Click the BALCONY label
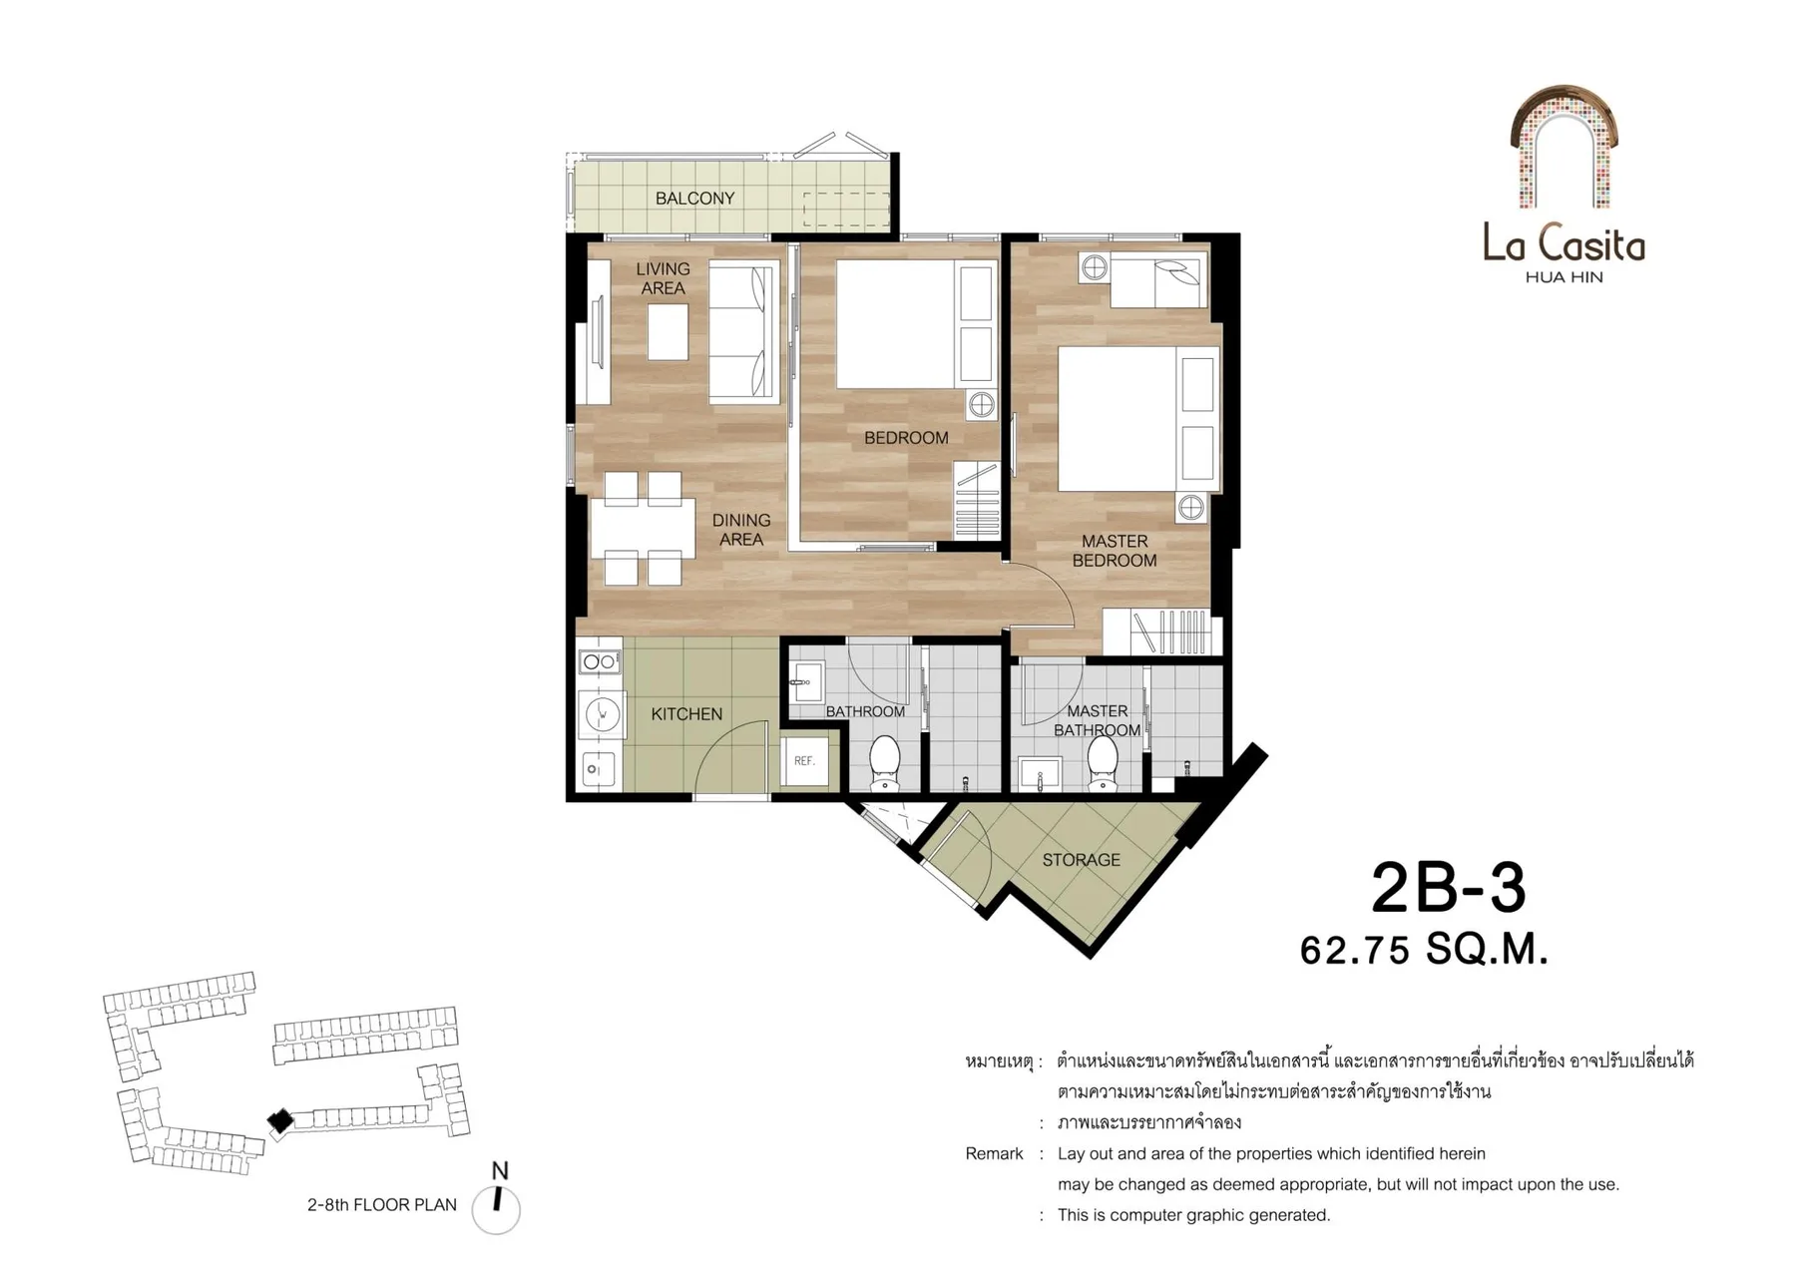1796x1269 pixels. (694, 199)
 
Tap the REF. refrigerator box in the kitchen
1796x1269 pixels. (804, 760)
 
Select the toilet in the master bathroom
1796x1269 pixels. (1102, 763)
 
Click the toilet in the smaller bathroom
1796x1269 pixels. (885, 764)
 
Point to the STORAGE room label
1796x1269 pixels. (1081, 860)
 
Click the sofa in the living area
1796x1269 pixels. (743, 332)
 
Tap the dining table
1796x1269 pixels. (643, 528)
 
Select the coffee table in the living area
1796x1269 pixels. (668, 331)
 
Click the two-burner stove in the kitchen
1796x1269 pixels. (599, 661)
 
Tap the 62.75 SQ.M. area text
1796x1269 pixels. (1424, 950)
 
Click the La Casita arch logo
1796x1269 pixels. (1564, 147)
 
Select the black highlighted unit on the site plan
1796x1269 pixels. (281, 1121)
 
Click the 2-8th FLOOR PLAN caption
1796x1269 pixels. (382, 1204)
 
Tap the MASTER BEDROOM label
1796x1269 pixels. (1115, 551)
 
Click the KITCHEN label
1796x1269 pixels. (686, 714)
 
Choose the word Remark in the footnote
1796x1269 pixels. (994, 1153)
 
